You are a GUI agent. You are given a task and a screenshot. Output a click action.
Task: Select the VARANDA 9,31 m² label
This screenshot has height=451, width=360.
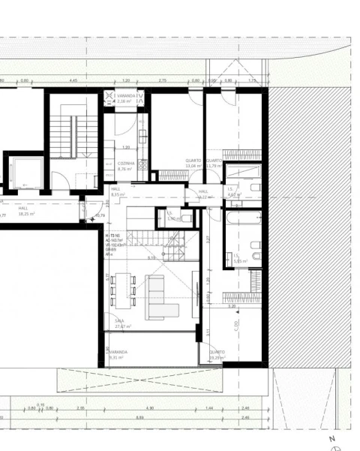click(x=117, y=354)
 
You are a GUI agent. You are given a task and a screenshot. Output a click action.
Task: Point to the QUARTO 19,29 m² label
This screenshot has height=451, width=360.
click(x=217, y=354)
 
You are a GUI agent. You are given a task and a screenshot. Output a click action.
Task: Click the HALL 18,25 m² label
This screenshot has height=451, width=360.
click(x=26, y=212)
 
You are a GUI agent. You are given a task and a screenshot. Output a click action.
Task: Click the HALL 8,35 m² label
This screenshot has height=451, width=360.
click(x=117, y=191)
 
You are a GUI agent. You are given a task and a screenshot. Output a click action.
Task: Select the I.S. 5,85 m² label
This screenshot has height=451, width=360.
click(x=239, y=258)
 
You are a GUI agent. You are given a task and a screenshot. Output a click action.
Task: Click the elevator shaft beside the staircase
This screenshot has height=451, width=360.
click(x=23, y=173)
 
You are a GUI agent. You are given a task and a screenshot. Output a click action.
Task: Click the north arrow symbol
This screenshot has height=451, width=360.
click(x=335, y=443)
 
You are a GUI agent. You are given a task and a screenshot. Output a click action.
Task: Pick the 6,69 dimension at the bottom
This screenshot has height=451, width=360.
click(x=139, y=417)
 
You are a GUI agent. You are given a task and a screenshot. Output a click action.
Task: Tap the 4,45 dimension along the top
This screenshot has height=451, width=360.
click(x=73, y=80)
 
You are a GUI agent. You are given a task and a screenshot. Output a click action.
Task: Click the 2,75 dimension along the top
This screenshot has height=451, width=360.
click(x=162, y=80)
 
